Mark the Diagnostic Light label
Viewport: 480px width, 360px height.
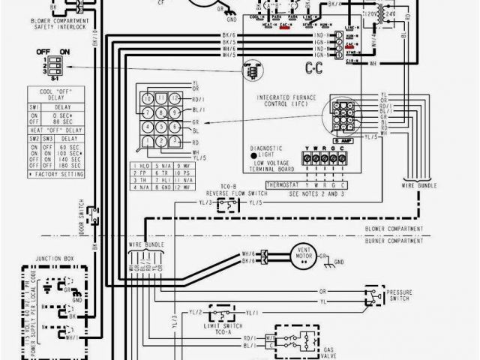[x=272, y=152]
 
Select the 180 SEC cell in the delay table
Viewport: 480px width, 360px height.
[x=62, y=166]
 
